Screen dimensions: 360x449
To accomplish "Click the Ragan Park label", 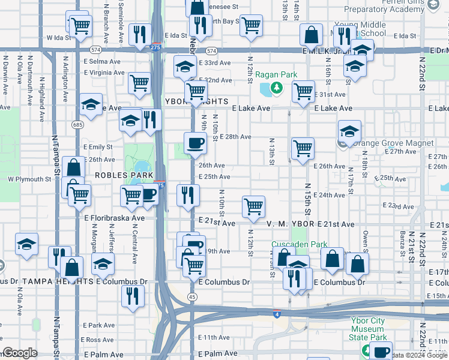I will coord(276,74).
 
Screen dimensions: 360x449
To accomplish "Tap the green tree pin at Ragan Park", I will coord(276,89).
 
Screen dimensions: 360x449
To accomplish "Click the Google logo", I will coord(20,353).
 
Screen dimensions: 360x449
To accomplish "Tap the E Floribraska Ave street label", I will coord(114,218).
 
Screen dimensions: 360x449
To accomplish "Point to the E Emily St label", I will coord(98,147).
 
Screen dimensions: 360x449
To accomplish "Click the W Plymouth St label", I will coord(29,179).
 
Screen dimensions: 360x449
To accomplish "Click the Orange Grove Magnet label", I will coord(393,143).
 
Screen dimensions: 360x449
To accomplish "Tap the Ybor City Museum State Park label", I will coord(368,329).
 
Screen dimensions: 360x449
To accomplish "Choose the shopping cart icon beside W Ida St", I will coord(79,26).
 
